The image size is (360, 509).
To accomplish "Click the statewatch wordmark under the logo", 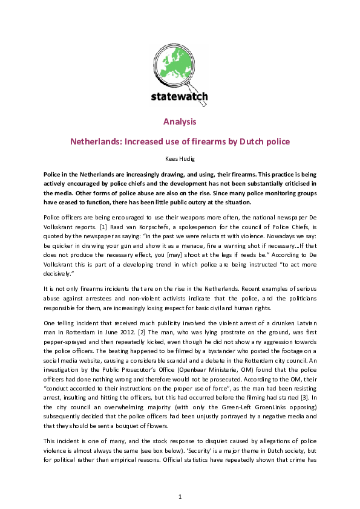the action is [x=179, y=96].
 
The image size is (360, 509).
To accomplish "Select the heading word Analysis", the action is [x=180, y=122].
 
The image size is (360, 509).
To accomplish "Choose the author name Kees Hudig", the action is [x=180, y=158].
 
